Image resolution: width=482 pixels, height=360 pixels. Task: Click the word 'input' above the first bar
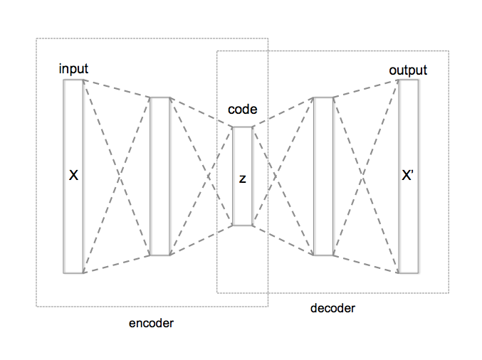pyautogui.click(x=74, y=69)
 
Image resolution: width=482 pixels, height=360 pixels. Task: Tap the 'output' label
pyautogui.click(x=408, y=70)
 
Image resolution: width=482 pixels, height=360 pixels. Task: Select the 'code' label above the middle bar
pyautogui.click(x=242, y=110)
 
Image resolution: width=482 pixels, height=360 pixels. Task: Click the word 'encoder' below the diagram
pyautogui.click(x=151, y=323)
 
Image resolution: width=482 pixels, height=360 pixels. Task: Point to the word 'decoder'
pyautogui.click(x=332, y=308)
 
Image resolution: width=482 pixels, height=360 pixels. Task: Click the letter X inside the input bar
pyautogui.click(x=73, y=175)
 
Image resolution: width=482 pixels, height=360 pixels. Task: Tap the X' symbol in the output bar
pyautogui.click(x=408, y=176)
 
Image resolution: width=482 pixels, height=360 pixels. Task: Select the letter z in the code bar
pyautogui.click(x=242, y=179)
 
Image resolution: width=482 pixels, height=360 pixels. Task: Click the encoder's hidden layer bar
pyautogui.click(x=160, y=176)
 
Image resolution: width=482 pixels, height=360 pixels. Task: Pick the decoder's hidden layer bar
pyautogui.click(x=323, y=176)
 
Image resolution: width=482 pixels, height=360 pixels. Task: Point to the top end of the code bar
pyautogui.click(x=242, y=129)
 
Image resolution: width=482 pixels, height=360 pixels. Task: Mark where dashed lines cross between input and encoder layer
pyautogui.click(x=117, y=176)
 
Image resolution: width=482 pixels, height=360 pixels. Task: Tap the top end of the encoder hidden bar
pyautogui.click(x=160, y=99)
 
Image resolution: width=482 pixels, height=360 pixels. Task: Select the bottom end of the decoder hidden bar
pyautogui.click(x=323, y=253)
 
